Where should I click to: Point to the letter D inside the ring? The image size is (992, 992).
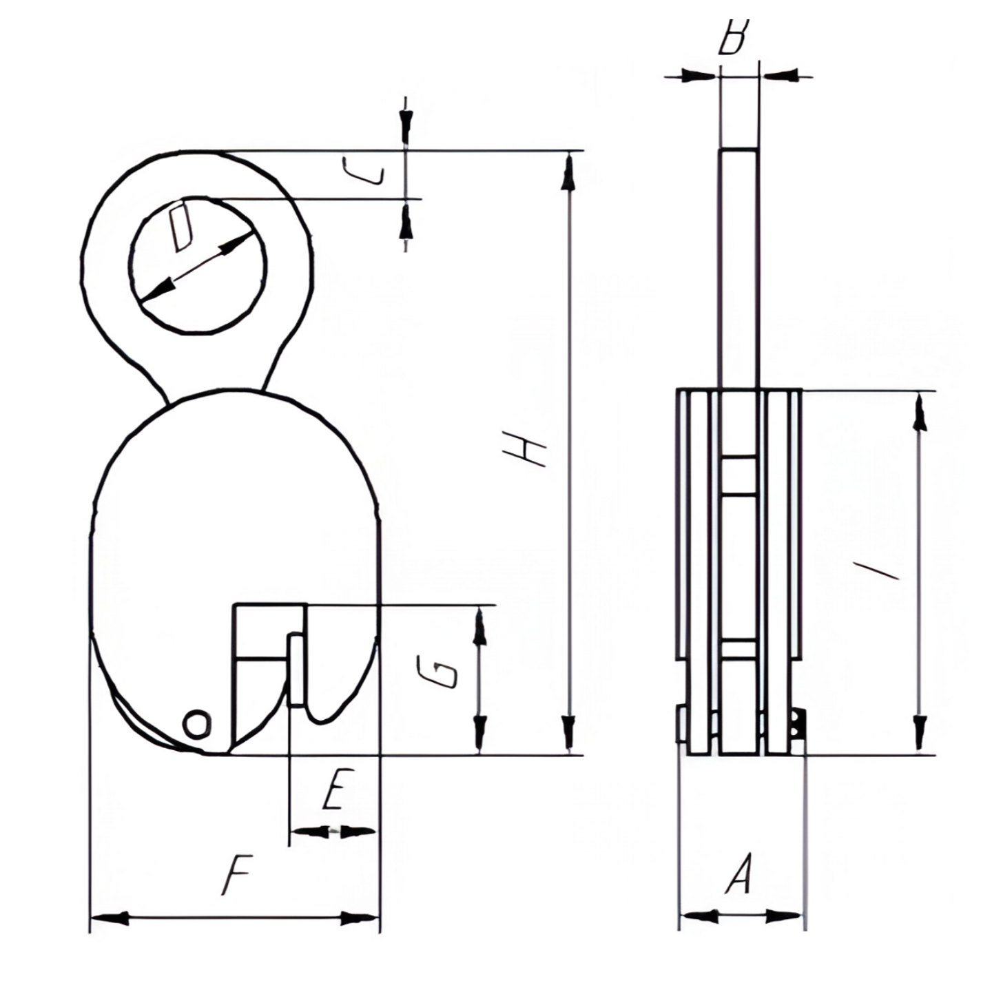pyautogui.click(x=183, y=227)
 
